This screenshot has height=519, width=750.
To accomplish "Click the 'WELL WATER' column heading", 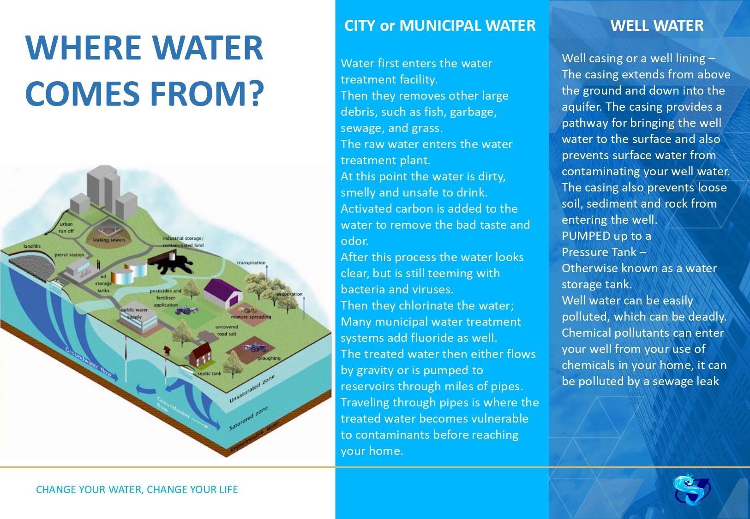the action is tap(657, 25).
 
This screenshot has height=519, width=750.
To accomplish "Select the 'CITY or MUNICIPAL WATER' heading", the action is tap(440, 25).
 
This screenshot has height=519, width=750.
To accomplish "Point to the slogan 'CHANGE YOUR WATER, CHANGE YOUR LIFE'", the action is tap(137, 489).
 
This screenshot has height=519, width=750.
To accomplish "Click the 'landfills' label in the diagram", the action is tap(32, 246).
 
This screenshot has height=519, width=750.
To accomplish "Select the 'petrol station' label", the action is tap(69, 255).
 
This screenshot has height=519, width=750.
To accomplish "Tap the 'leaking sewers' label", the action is tap(109, 240).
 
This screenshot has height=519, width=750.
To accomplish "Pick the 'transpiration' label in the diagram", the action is tap(251, 262).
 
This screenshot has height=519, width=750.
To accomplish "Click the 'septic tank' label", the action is tap(209, 373).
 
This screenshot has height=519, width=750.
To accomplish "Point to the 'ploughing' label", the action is tap(269, 358).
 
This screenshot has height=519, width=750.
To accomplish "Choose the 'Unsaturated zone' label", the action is tap(252, 389).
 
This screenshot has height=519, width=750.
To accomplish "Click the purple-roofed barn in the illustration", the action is tap(223, 293).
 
